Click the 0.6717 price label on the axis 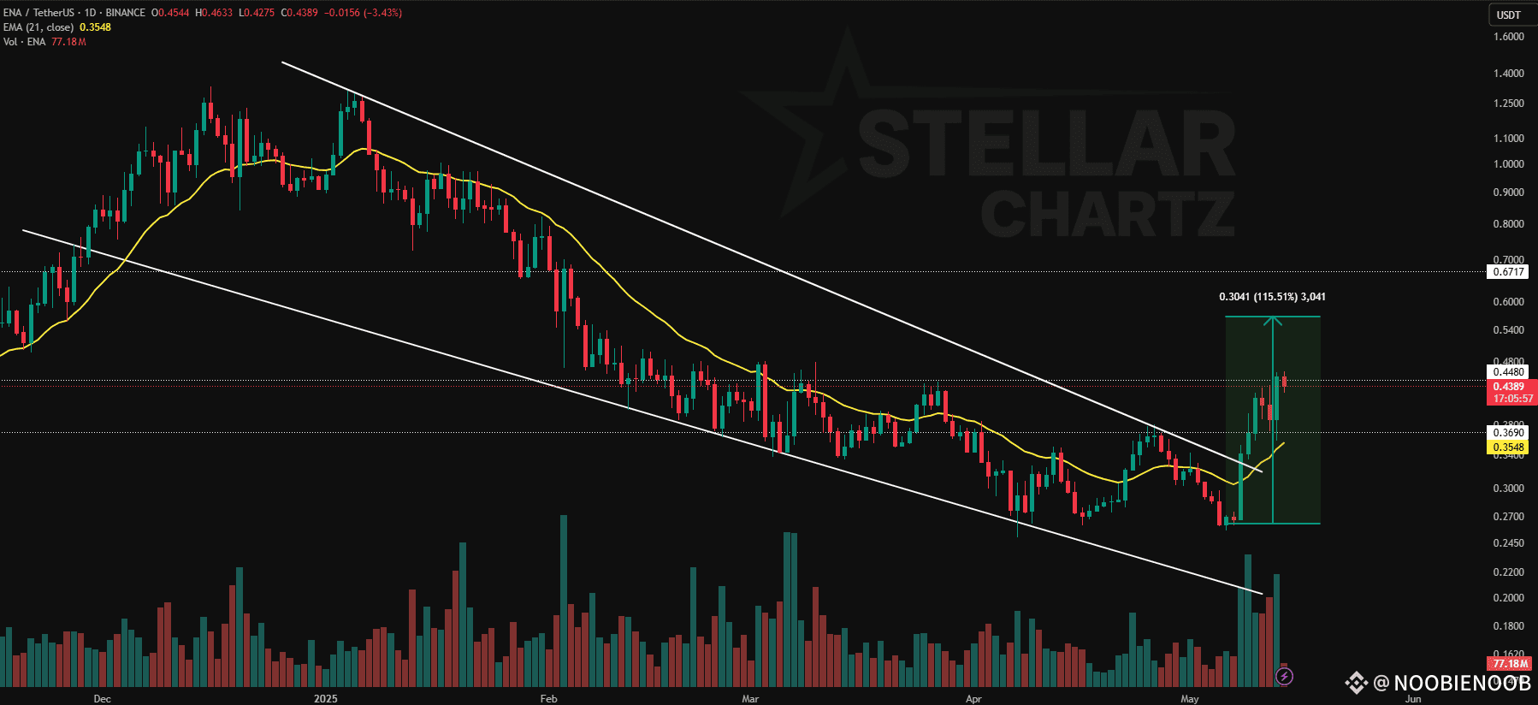click(x=1508, y=272)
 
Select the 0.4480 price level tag click(x=1508, y=371)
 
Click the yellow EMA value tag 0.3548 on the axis click(x=1508, y=447)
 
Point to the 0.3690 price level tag click(x=1508, y=433)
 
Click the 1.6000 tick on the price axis click(x=1508, y=37)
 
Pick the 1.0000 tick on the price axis click(x=1508, y=164)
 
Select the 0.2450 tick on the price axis click(x=1508, y=543)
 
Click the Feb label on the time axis click(x=548, y=698)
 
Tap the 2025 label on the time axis click(x=325, y=698)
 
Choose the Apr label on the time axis click(x=973, y=698)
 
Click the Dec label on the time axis click(x=102, y=698)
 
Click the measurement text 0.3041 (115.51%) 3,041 click(x=1272, y=297)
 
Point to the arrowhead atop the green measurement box click(x=1273, y=321)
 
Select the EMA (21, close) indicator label click(x=38, y=27)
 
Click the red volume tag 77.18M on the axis click(x=1510, y=664)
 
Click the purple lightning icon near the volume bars click(x=1284, y=677)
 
